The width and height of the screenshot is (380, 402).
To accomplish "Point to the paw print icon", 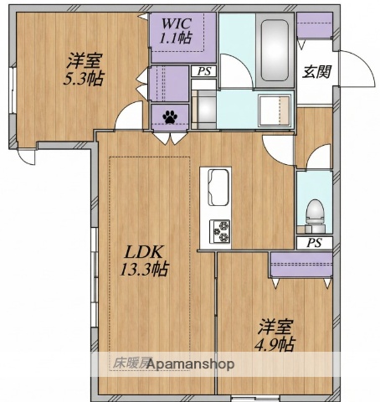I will click(171, 116).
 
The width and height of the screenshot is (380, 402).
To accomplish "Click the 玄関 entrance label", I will click(316, 71).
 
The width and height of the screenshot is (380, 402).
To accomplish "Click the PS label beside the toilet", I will click(314, 243).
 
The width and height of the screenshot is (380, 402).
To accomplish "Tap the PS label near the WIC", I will click(203, 72).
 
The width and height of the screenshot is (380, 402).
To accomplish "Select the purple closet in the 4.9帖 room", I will click(301, 264).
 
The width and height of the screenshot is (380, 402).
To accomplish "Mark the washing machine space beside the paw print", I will click(203, 107).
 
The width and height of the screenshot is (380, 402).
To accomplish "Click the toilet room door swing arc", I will click(316, 157).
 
